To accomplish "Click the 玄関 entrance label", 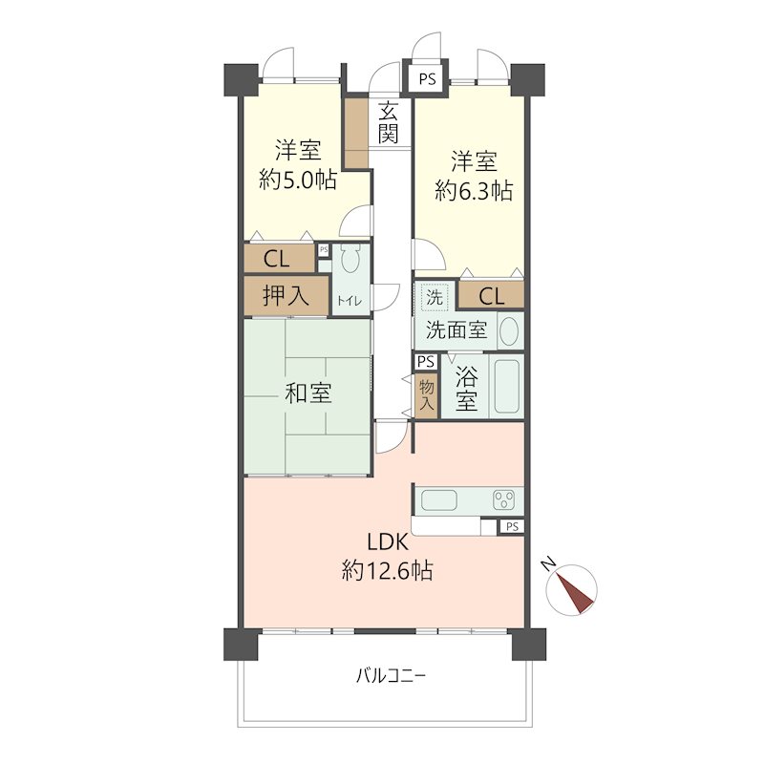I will (x=388, y=122).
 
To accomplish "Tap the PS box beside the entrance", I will (x=427, y=79).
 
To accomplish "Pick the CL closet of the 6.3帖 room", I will (x=491, y=296).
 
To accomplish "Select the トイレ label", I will (x=349, y=301).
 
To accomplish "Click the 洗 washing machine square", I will (x=435, y=297).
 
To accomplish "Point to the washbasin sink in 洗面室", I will (x=509, y=331).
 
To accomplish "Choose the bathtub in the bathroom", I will (x=506, y=387).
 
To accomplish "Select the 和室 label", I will (x=308, y=393).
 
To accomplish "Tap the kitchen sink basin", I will (x=440, y=500).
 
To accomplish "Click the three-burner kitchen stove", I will (x=503, y=499).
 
